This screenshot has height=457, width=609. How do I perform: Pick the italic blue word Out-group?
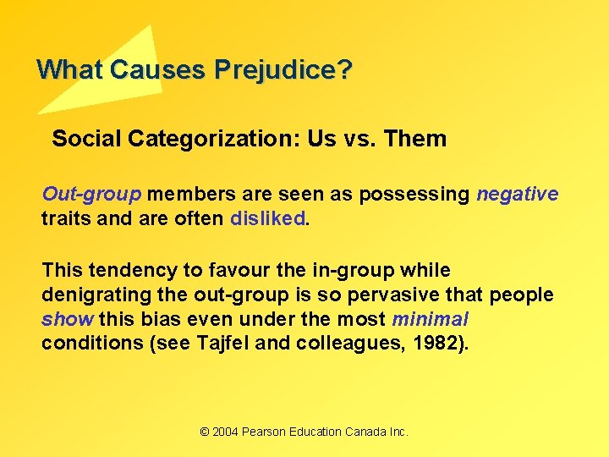click(91, 194)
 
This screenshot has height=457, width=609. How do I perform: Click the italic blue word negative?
click(517, 194)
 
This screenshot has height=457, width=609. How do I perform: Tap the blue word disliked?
click(268, 217)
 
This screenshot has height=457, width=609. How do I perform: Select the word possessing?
click(414, 194)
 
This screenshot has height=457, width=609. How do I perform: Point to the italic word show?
click(68, 320)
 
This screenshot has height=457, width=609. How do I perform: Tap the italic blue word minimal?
click(430, 320)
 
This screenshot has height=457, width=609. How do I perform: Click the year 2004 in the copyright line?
click(225, 432)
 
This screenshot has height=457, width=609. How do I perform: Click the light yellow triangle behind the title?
click(127, 59)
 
